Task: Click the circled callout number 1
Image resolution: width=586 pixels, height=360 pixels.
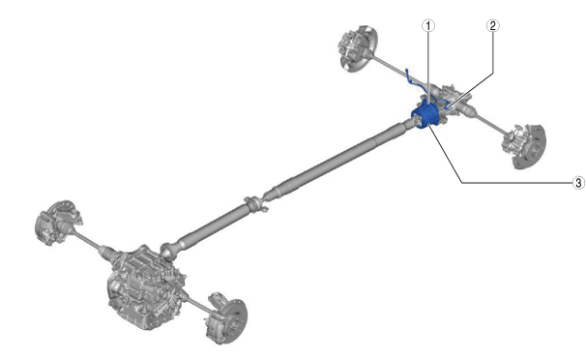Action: click(x=428, y=26)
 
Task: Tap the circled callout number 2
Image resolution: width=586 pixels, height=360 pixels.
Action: click(x=492, y=26)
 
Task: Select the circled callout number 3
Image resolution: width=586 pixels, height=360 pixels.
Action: click(x=578, y=183)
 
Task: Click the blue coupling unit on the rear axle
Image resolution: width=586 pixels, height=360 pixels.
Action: click(x=425, y=115)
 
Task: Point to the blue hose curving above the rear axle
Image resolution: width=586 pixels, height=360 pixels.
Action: click(x=416, y=80)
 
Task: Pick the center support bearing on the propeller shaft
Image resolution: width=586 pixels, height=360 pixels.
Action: click(x=256, y=204)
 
